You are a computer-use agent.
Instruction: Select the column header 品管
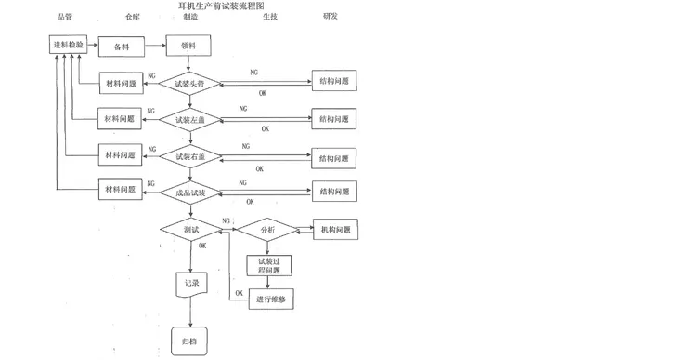click(x=64, y=17)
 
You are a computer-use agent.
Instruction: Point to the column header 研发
click(x=331, y=17)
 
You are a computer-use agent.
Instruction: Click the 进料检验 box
click(x=67, y=45)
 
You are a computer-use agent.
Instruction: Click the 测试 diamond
click(x=191, y=229)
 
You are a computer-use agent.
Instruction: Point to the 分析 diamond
click(x=267, y=229)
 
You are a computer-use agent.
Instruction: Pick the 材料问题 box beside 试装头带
click(x=120, y=83)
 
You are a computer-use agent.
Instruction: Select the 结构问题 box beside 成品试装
click(x=333, y=193)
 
